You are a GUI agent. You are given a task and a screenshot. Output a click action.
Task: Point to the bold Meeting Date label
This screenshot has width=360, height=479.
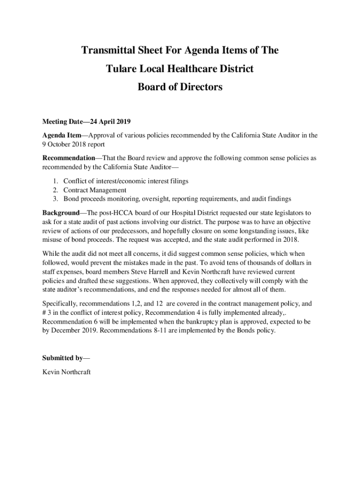61,123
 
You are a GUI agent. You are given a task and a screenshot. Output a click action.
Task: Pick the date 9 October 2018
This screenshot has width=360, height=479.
65,144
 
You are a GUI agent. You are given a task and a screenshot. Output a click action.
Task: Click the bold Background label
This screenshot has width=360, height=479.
61,213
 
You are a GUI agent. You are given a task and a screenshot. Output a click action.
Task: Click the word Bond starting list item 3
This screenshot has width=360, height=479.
72,199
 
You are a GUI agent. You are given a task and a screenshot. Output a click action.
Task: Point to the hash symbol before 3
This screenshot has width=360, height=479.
44,313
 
